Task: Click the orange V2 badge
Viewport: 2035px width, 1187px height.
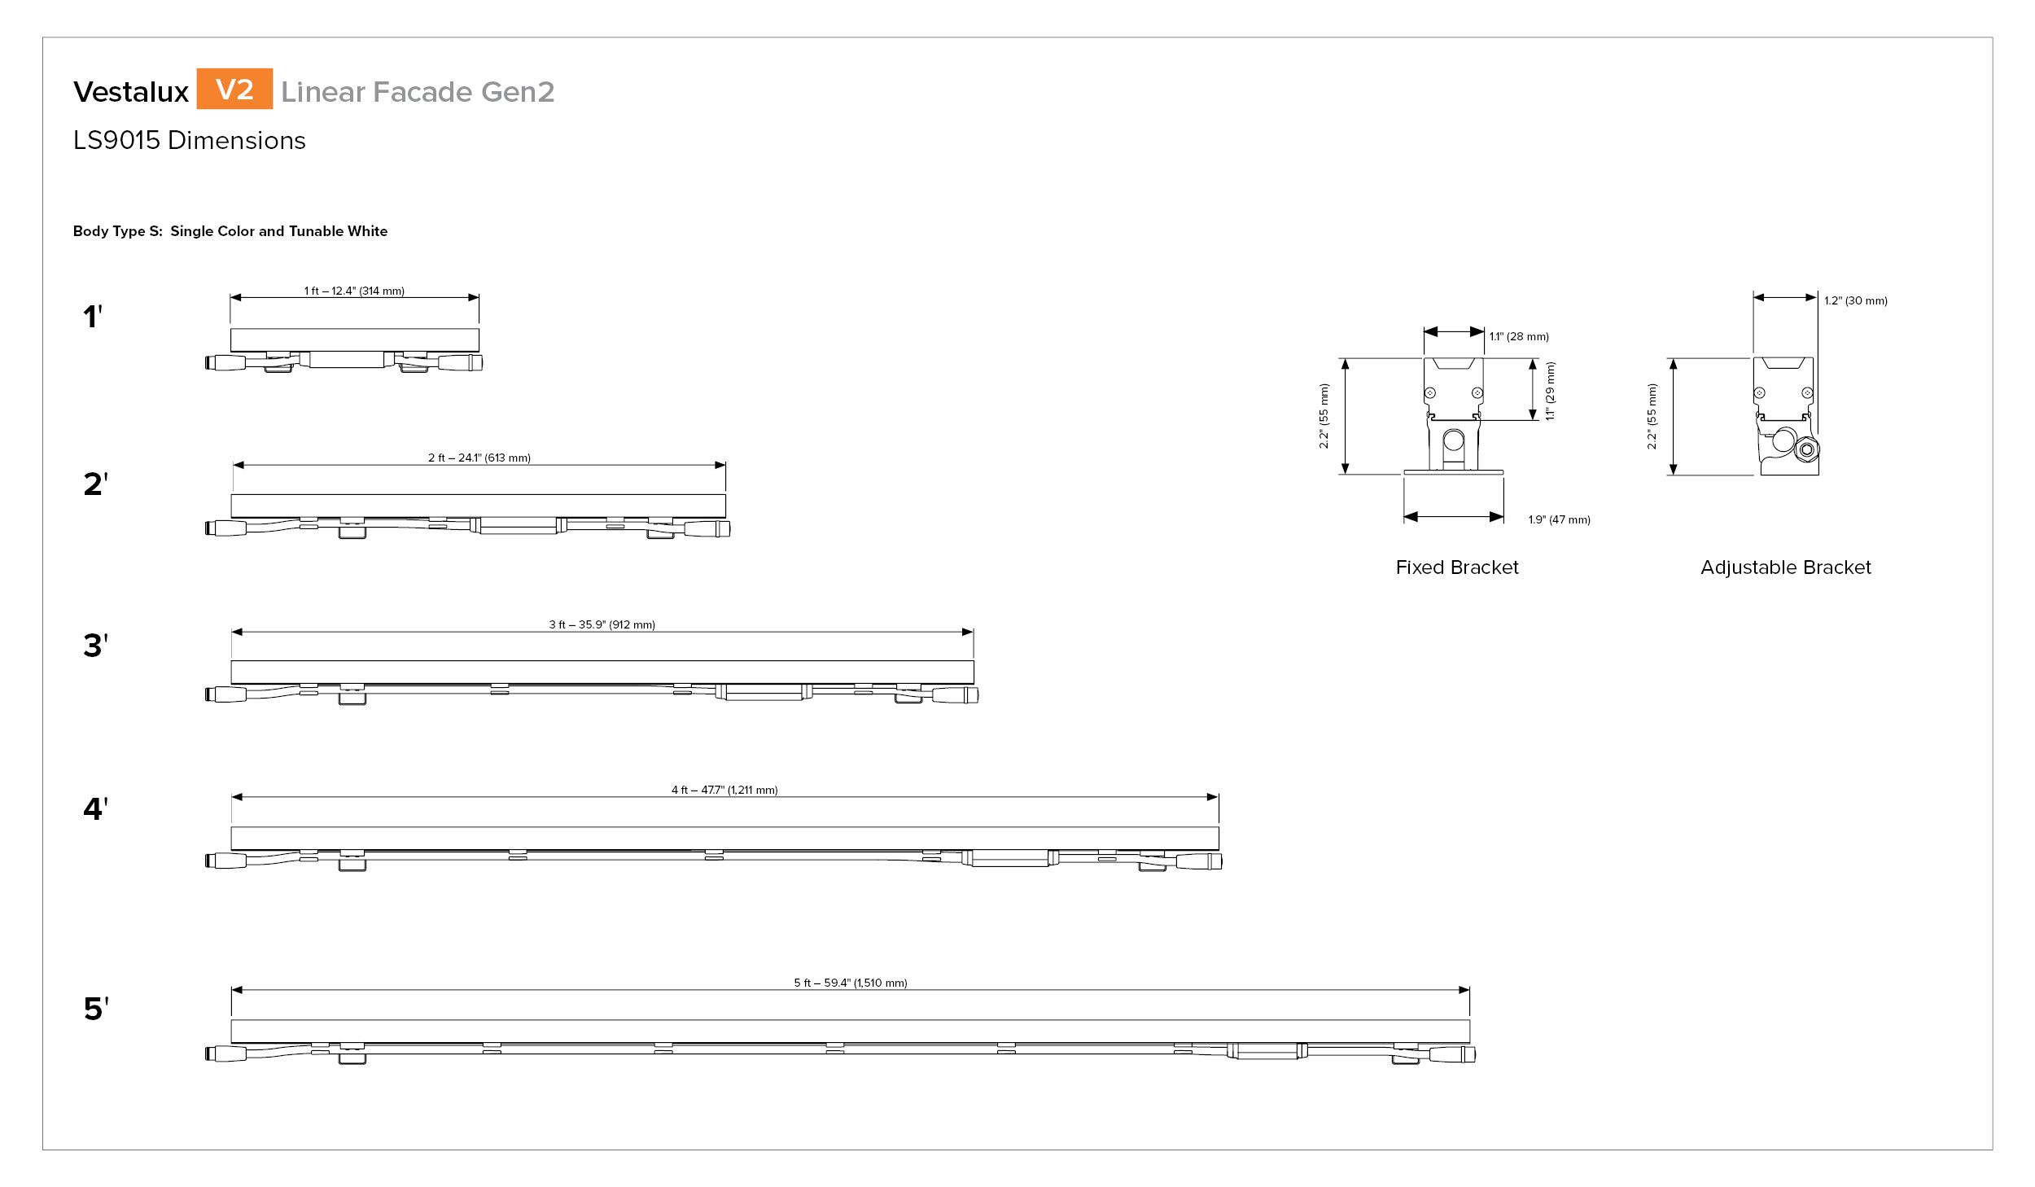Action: point(234,89)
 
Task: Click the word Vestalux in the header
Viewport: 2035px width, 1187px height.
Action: point(131,92)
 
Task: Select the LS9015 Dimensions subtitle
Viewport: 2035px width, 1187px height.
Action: point(190,141)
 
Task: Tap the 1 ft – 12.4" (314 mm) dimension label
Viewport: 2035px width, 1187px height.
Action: point(354,291)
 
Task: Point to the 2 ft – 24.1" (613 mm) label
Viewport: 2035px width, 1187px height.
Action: point(479,458)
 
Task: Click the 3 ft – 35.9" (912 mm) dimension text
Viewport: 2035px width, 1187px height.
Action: point(602,624)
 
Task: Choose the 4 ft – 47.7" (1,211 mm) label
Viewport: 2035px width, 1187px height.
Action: point(724,790)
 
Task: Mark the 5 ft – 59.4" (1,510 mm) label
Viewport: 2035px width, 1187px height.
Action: point(851,983)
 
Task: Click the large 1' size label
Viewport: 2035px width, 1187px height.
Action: point(93,317)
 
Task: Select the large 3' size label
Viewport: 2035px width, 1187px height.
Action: point(95,646)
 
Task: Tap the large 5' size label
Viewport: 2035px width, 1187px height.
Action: point(96,1009)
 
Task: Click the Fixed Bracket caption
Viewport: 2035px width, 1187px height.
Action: point(1457,567)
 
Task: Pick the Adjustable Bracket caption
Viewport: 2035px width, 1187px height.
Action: point(1786,567)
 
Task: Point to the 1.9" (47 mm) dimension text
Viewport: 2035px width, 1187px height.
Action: point(1559,519)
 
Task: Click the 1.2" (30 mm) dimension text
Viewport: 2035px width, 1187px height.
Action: point(1856,300)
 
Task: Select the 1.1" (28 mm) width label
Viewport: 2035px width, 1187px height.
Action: point(1519,336)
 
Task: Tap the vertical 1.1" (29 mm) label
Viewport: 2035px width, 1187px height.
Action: point(1550,391)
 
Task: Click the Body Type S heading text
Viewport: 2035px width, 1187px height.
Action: point(230,231)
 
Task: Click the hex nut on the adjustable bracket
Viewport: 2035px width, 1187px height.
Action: point(1807,449)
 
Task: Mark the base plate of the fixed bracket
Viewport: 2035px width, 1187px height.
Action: point(1454,472)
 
